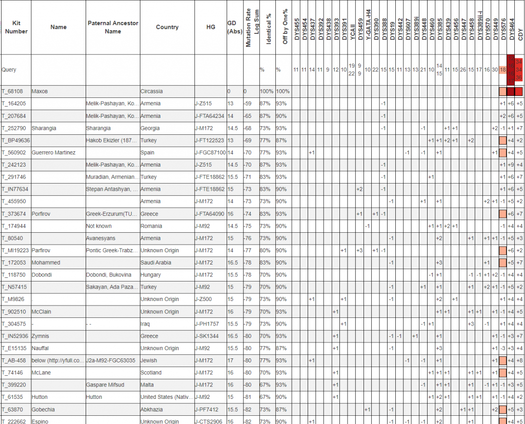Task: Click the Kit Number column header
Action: click(x=15, y=27)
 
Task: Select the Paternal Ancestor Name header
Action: click(x=112, y=27)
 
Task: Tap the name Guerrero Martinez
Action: click(x=53, y=152)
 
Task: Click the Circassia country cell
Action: click(x=152, y=91)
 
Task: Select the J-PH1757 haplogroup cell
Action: click(x=208, y=324)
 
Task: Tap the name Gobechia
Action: click(x=43, y=410)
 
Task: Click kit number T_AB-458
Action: click(x=15, y=360)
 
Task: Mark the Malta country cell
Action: click(x=148, y=385)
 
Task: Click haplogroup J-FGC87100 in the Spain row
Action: click(x=211, y=152)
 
